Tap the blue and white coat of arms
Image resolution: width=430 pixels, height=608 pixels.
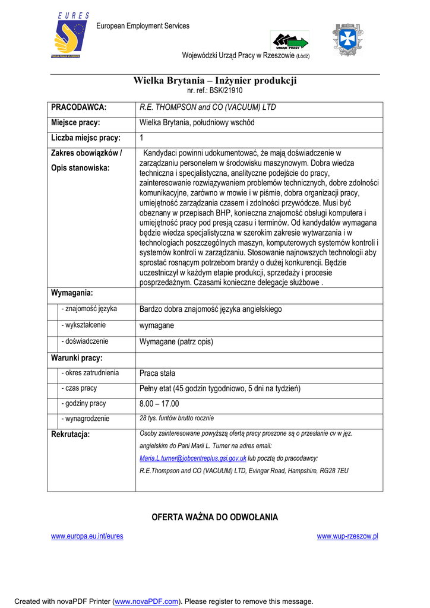point(347,39)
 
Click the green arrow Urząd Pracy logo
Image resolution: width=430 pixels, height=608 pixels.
point(290,42)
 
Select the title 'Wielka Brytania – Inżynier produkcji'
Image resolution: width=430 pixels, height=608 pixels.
point(214,81)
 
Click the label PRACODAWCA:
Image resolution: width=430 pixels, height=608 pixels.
point(78,107)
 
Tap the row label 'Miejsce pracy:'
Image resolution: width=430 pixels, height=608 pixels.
point(75,123)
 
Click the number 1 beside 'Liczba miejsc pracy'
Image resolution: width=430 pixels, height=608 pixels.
point(141,138)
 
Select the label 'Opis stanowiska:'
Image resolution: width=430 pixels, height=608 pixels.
point(80,168)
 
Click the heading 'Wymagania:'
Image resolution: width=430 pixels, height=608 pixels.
point(72,293)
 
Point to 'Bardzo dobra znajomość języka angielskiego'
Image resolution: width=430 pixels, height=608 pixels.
point(210,309)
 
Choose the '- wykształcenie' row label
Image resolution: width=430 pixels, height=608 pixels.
point(84,325)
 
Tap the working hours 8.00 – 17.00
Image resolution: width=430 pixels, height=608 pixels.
point(159,404)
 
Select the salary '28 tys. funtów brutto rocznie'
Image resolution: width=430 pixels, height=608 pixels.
point(176,419)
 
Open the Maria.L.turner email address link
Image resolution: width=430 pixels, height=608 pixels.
point(192,458)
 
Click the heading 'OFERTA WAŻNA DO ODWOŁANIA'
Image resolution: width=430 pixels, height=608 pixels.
point(214,517)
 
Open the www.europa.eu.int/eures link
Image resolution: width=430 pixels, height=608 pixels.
point(87,536)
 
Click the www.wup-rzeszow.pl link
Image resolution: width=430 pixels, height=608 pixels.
point(347,536)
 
